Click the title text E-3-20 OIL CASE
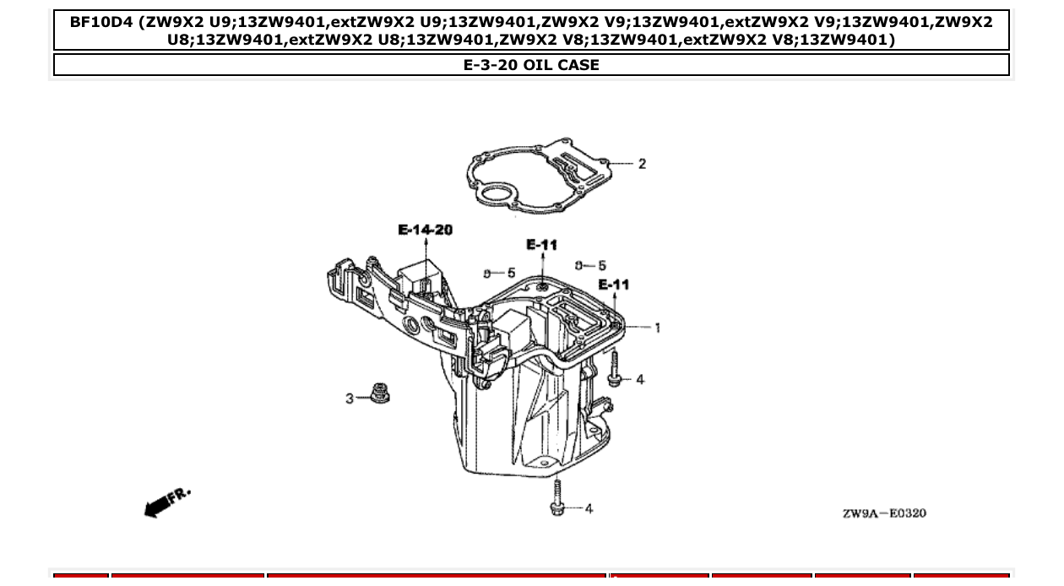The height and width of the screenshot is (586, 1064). point(531,65)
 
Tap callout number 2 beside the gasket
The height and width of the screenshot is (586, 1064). point(642,164)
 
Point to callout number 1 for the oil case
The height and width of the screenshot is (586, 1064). point(657,328)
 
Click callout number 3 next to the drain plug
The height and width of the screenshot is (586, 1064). point(350,398)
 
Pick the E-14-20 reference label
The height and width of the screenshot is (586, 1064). point(425,230)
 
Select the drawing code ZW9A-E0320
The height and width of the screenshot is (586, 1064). point(883,513)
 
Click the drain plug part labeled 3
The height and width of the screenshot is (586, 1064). point(379,393)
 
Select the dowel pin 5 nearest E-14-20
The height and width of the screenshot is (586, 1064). point(488,274)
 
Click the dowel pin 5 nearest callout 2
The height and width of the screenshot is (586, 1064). point(579,266)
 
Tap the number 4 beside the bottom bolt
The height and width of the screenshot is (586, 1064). point(589,508)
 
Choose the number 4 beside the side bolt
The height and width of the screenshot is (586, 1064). point(640,380)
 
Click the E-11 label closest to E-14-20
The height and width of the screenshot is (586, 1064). point(541,245)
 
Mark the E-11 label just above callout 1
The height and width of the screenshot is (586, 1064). point(614,285)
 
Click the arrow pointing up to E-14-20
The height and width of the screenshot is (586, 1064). point(426,246)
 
